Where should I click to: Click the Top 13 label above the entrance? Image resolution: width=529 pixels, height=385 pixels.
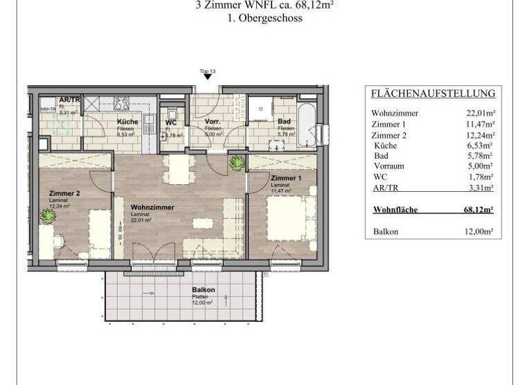(207, 71)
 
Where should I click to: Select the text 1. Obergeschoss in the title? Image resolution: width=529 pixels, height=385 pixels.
(264, 19)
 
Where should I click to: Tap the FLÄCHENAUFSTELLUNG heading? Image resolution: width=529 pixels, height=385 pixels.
(433, 94)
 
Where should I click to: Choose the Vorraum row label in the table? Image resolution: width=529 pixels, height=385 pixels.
(388, 166)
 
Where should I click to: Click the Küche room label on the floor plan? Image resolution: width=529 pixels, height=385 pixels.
(127, 122)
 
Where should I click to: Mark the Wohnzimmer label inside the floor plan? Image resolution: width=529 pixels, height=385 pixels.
(152, 207)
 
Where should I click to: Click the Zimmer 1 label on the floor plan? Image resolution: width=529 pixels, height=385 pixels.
(286, 178)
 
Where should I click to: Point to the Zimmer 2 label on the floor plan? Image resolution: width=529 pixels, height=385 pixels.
(65, 194)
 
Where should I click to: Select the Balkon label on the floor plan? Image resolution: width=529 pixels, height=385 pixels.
(204, 290)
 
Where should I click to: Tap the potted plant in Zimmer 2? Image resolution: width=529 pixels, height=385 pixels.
(48, 216)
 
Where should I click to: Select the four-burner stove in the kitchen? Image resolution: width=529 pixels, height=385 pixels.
(122, 104)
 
